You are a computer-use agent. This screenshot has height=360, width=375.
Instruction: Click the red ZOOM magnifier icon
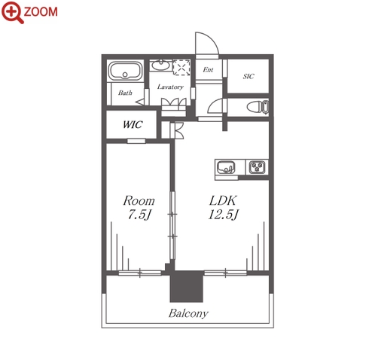coord(12,12)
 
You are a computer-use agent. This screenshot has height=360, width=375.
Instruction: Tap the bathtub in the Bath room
coord(125,71)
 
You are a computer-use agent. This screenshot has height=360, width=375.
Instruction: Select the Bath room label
coord(125,93)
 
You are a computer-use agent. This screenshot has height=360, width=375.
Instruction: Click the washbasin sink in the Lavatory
coord(161,66)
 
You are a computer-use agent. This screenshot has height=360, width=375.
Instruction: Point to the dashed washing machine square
coord(181,67)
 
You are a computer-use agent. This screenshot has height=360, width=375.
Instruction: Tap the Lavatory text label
coord(170,87)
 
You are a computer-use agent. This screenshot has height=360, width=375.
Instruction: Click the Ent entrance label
coord(208,69)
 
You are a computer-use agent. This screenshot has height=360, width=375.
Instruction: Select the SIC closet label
coord(248,76)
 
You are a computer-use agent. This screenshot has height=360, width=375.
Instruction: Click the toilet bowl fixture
coord(258,107)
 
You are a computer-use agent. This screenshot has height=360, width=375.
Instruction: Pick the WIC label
coord(133,124)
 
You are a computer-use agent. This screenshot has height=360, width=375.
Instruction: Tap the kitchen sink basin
coord(226,167)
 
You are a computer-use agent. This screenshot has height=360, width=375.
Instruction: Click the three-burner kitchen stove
coord(257,166)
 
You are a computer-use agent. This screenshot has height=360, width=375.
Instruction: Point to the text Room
coord(139,200)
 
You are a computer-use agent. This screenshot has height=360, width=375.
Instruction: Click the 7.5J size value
coord(140,215)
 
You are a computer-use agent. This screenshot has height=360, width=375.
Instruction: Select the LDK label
coord(223,200)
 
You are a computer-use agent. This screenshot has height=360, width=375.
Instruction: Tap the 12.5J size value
coord(224,215)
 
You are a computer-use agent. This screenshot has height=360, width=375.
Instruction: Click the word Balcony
coord(188,313)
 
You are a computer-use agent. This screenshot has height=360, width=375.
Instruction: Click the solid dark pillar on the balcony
coord(186,286)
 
